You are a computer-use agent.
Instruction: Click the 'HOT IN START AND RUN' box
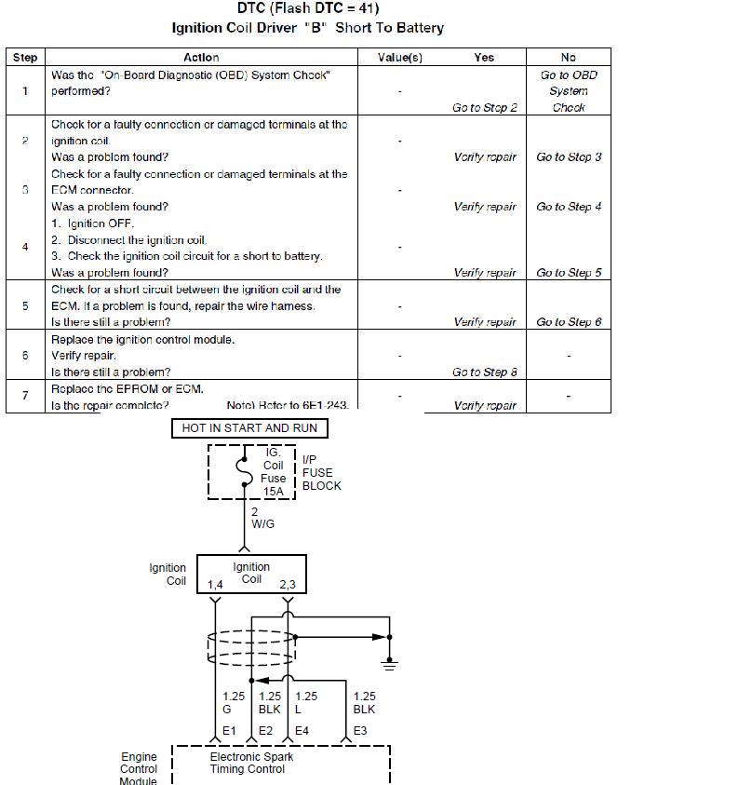[x=250, y=428]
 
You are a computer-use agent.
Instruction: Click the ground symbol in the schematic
[x=390, y=663]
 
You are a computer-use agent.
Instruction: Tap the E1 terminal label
[x=229, y=731]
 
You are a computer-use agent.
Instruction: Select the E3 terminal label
[x=359, y=731]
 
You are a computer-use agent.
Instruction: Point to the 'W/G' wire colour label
[x=262, y=524]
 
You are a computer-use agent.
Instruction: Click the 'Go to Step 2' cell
[x=484, y=108]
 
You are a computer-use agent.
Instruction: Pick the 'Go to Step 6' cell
[x=569, y=322]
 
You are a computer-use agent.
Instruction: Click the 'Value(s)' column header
[x=400, y=58]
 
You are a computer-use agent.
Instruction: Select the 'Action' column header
[x=201, y=58]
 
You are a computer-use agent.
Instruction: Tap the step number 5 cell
[x=25, y=305]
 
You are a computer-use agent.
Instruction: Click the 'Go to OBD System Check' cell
[x=569, y=91]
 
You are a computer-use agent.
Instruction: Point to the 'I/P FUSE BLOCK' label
[x=321, y=473]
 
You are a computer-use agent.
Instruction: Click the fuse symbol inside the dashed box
[x=244, y=471]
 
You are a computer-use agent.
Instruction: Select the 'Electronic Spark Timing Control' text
[x=251, y=763]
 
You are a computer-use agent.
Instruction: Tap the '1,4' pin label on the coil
[x=215, y=585]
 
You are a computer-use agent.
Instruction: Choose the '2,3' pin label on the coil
[x=288, y=585]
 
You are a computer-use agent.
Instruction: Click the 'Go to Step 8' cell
[x=484, y=372]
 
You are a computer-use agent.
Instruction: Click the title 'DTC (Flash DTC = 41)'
[x=308, y=9]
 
